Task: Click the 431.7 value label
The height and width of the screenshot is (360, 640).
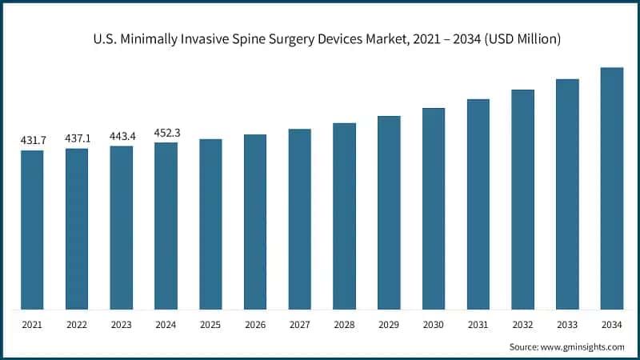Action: tap(33, 141)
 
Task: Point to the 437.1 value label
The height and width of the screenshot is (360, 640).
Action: tap(78, 138)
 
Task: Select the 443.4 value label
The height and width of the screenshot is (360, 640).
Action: tap(122, 136)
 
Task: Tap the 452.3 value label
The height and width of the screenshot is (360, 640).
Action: tap(166, 133)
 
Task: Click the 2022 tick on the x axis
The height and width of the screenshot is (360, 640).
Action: tap(78, 326)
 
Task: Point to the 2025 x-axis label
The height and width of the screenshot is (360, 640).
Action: tap(211, 326)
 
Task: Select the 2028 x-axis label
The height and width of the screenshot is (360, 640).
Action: tap(345, 326)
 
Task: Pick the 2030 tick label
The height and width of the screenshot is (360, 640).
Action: tap(434, 326)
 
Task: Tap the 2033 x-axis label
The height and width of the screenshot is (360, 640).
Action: tap(567, 326)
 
